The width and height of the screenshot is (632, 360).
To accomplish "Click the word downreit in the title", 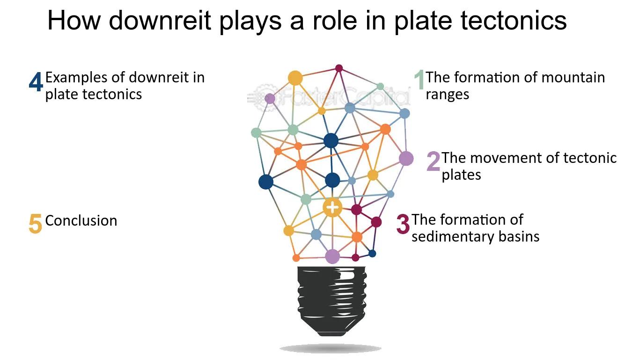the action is point(160,20).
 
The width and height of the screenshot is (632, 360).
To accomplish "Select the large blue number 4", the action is point(36,82).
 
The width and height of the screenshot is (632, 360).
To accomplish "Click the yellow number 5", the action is point(36,223).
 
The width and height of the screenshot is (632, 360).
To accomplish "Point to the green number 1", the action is point(419,80).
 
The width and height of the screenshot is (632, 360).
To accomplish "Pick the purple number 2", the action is point(433,162).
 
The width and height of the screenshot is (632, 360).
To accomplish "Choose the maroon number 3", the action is point(403,224).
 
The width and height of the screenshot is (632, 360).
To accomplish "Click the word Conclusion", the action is point(81,220).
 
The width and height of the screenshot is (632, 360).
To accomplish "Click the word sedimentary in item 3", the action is point(453,236).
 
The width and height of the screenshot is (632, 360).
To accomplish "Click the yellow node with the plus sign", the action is point(332,208).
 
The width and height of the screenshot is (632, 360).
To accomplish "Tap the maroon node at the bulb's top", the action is point(339,68).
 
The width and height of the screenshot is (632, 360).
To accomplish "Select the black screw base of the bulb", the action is point(332,301).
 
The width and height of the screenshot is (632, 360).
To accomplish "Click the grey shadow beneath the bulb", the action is point(331,348).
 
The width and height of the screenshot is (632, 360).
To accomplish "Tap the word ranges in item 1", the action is point(447,95).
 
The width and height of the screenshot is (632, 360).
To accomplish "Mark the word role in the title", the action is point(335,20).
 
